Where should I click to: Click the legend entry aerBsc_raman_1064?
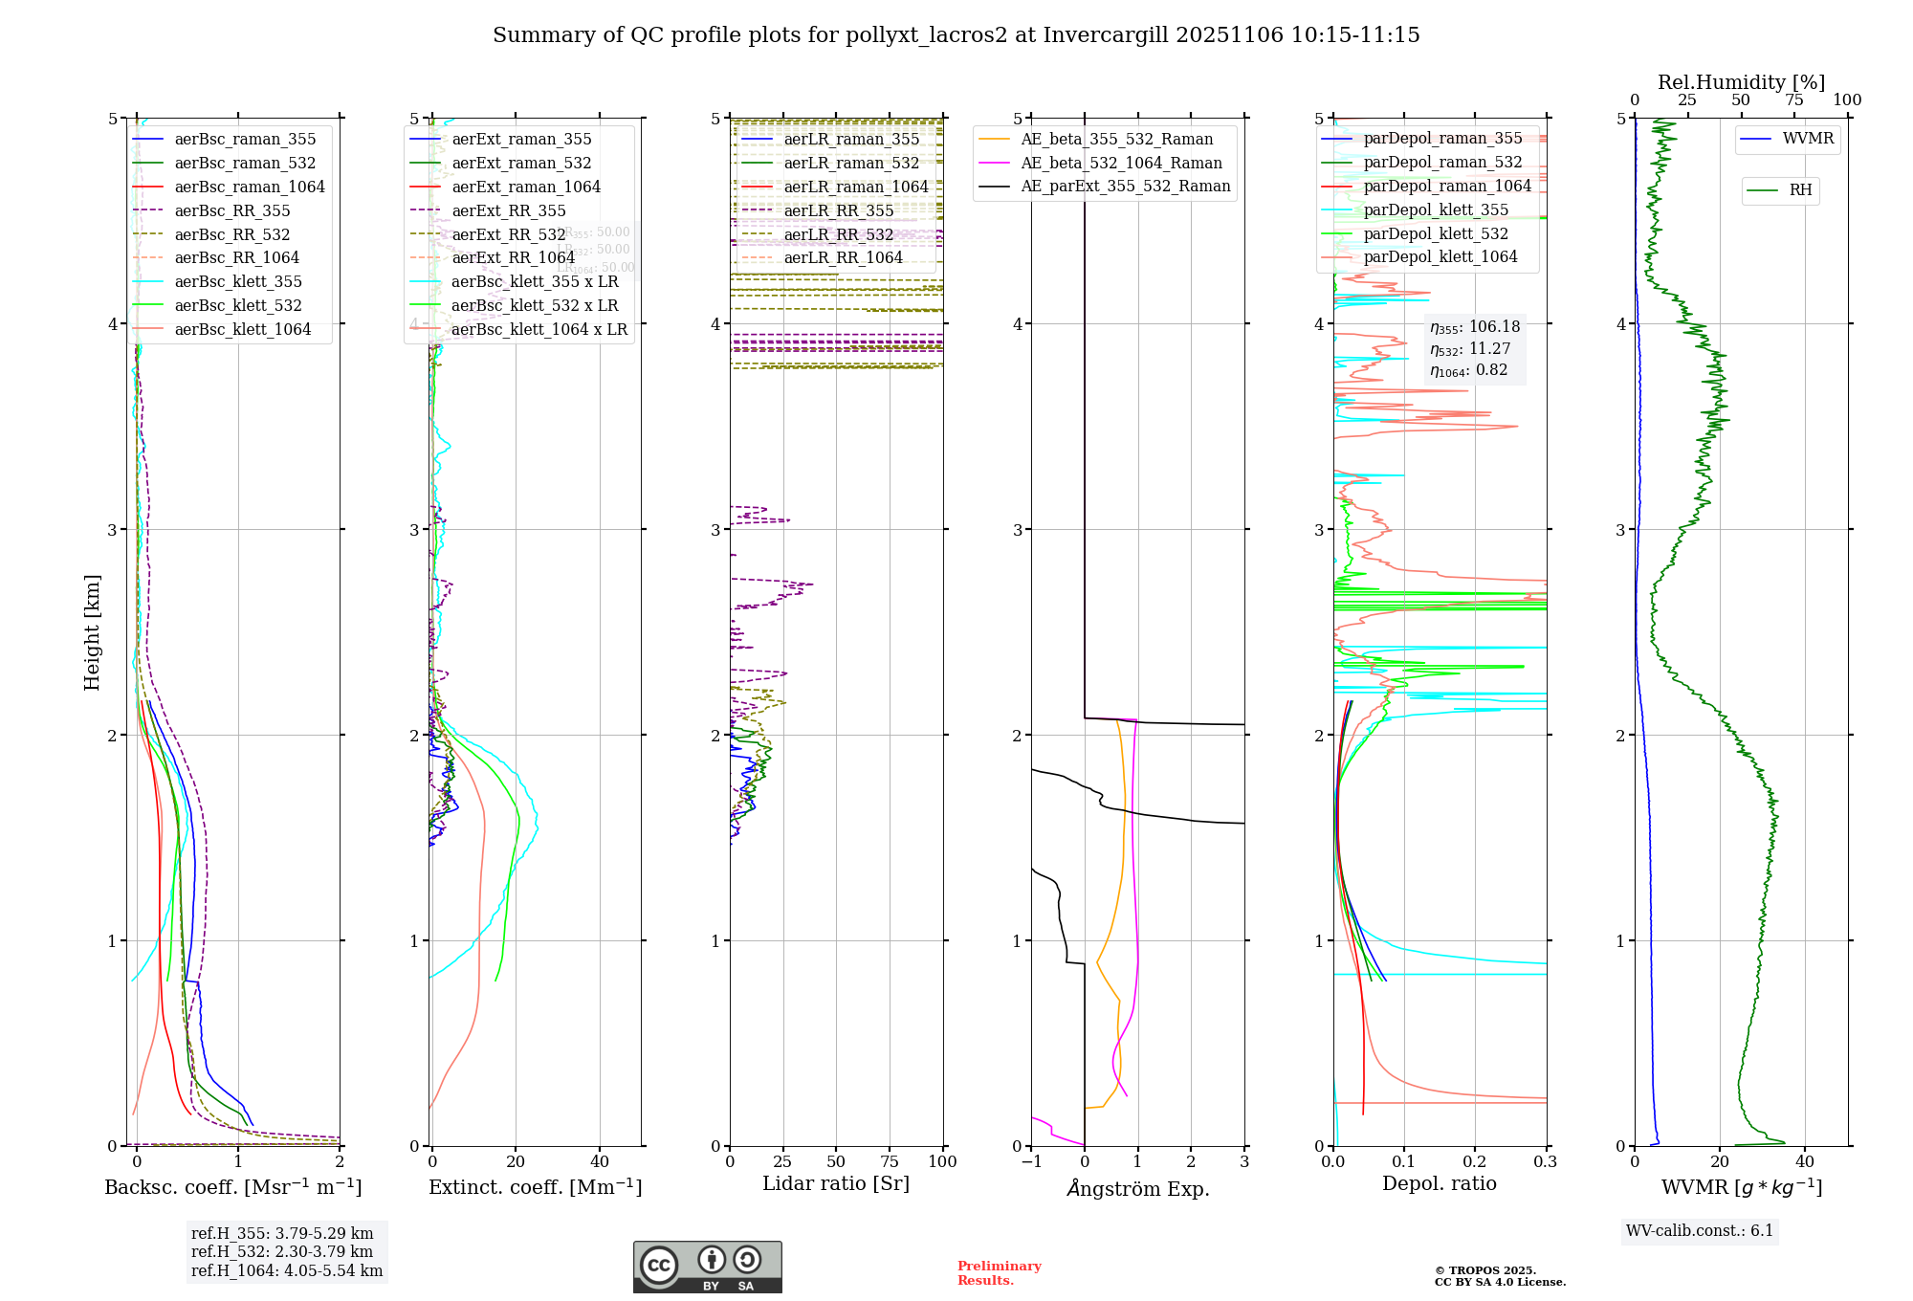pos(249,187)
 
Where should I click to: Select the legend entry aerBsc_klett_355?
pos(237,281)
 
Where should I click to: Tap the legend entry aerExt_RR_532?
pos(508,234)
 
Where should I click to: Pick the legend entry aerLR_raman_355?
pos(850,140)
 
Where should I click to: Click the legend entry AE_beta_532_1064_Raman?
pos(1121,163)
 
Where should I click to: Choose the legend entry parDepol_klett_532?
pos(1435,233)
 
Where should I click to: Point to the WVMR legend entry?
pos(1807,139)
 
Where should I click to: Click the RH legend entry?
pos(1799,190)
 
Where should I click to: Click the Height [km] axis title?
pos(92,631)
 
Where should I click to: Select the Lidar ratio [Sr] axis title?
pos(835,1184)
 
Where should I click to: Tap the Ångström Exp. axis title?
pos(1137,1188)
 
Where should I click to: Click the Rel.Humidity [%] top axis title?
pos(1741,82)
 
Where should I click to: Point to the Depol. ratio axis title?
pos(1439,1184)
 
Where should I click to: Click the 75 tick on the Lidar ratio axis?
pos(890,1162)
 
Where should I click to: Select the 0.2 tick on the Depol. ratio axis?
pos(1474,1162)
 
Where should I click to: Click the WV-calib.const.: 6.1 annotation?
pos(1700,1231)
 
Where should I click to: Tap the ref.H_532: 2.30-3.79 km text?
pos(282,1251)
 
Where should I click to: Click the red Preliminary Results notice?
pos(999,1273)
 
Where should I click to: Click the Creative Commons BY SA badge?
pos(707,1268)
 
